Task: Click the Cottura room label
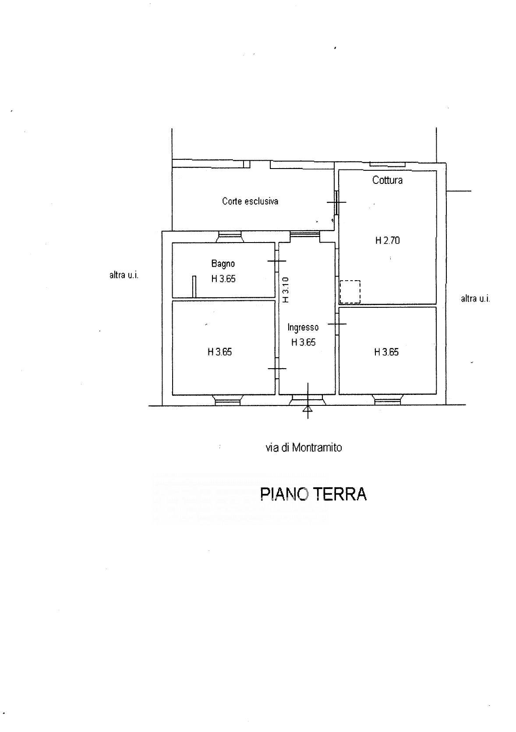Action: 387,180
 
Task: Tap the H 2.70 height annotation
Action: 387,240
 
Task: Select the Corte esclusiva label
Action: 250,201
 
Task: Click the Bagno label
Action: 223,264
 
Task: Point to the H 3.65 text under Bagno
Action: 223,279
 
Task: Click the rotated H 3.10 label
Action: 285,289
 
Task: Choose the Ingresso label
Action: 303,327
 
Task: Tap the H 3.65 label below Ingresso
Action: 303,342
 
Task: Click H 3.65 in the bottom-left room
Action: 219,352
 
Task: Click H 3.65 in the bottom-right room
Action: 386,352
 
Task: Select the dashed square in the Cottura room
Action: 350,292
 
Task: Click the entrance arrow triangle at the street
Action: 307,409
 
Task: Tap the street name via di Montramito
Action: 304,447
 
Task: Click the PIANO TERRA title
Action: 313,494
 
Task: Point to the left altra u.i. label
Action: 124,275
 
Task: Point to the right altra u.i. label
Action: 475,299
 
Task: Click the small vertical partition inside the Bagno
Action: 193,286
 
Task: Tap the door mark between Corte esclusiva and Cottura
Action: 336,202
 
